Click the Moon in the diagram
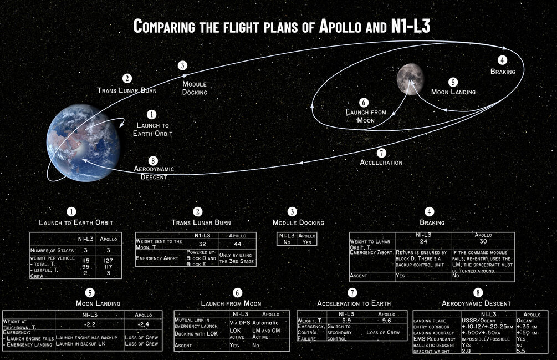[411, 78]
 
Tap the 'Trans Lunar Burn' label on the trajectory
[127, 90]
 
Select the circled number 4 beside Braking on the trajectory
[502, 60]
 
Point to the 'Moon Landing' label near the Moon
[453, 92]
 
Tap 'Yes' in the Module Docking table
[306, 242]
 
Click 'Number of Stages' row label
[53, 251]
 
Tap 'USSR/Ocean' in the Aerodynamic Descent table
[479, 320]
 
